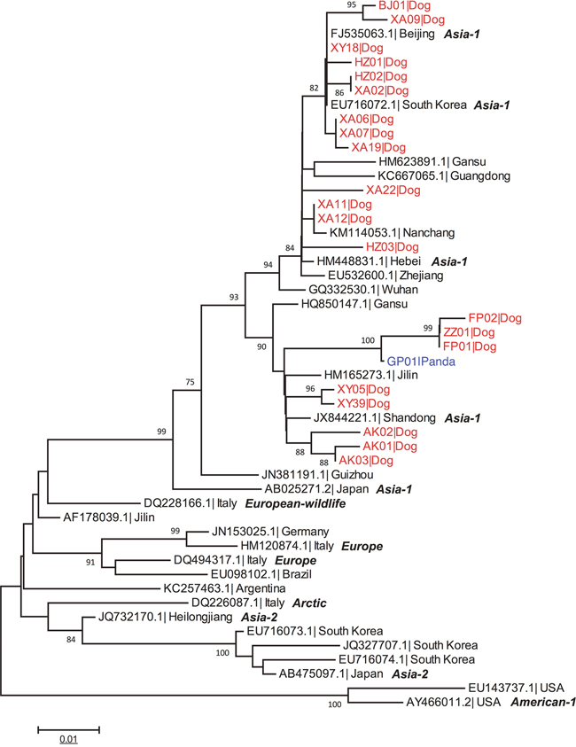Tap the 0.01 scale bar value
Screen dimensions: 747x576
tap(67, 738)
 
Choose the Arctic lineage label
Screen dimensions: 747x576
tap(301, 603)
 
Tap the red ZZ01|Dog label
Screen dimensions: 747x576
tap(472, 332)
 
